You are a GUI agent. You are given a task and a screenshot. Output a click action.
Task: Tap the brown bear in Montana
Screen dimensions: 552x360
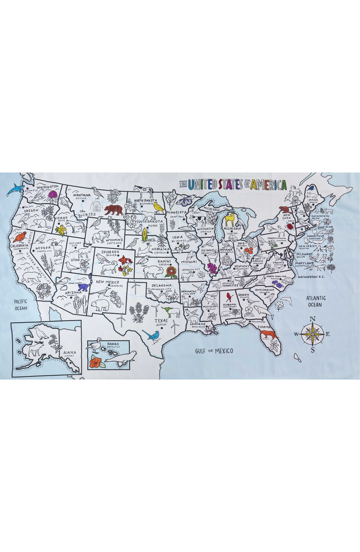(x=114, y=210)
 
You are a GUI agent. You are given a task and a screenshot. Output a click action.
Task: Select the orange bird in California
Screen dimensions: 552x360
(x=19, y=237)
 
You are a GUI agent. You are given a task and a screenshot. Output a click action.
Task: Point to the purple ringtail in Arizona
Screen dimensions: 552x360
(x=83, y=288)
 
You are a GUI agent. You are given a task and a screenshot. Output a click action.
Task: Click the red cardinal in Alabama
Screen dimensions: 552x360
(x=228, y=297)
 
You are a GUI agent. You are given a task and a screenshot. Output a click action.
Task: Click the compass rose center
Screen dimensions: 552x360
(x=312, y=334)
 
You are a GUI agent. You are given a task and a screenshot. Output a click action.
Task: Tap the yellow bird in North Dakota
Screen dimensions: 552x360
(x=158, y=207)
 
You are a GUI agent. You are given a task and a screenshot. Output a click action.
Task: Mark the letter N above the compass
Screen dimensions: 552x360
(x=312, y=319)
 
